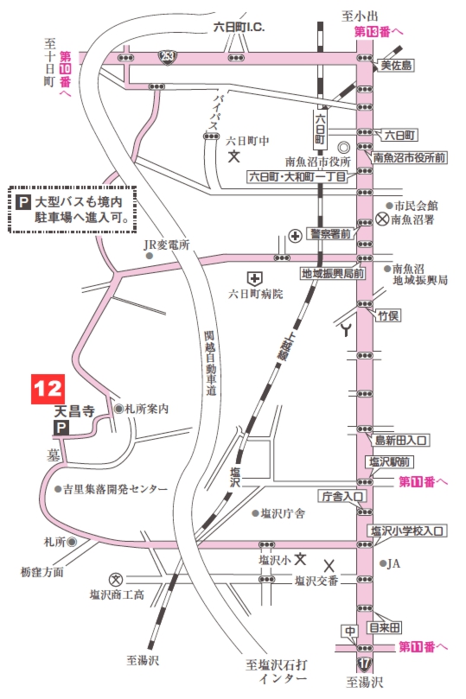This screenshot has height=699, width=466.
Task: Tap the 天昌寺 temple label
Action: [x=73, y=412]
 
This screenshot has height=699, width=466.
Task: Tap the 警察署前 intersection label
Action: [x=331, y=234]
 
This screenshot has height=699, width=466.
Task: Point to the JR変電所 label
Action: [x=167, y=245]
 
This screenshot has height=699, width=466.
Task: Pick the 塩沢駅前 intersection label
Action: [x=389, y=461]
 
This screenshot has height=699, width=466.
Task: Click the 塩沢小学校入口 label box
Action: [x=407, y=531]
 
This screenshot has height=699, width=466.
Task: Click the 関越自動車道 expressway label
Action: [x=210, y=364]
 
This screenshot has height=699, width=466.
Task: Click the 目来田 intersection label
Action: [x=385, y=627]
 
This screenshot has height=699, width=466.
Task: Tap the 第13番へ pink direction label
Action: [x=379, y=31]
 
